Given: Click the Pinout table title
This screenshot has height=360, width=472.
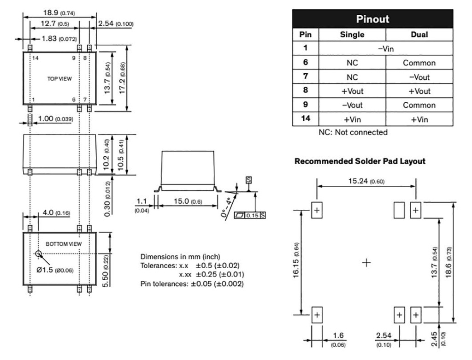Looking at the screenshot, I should coord(372,19).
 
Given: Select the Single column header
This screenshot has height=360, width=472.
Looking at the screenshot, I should coord(352,35).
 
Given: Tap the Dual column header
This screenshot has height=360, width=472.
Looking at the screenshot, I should coord(419,35).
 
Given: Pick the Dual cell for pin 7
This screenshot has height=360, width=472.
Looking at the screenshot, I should coord(419,77).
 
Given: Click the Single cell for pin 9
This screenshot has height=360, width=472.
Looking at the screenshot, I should coord(352,105).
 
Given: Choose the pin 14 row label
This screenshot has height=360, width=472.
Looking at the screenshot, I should coord(305,119).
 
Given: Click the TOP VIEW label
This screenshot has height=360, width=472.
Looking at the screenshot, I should coord(59,79).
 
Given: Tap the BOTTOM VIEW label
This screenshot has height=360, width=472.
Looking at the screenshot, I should coord(63,244).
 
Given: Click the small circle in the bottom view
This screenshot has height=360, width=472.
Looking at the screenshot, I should coord(38,254).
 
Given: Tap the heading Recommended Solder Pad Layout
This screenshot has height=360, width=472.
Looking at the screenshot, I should coord(360,161).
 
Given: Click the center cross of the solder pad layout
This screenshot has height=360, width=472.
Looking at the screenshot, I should coord(366,263).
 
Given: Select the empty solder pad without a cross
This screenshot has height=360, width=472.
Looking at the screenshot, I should coord(399,211).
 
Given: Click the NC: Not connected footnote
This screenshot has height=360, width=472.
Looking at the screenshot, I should coord(353,132).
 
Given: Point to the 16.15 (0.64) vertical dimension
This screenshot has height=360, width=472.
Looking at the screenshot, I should coord(296,262).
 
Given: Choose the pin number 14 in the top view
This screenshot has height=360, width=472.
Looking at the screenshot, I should coord(35,58).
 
